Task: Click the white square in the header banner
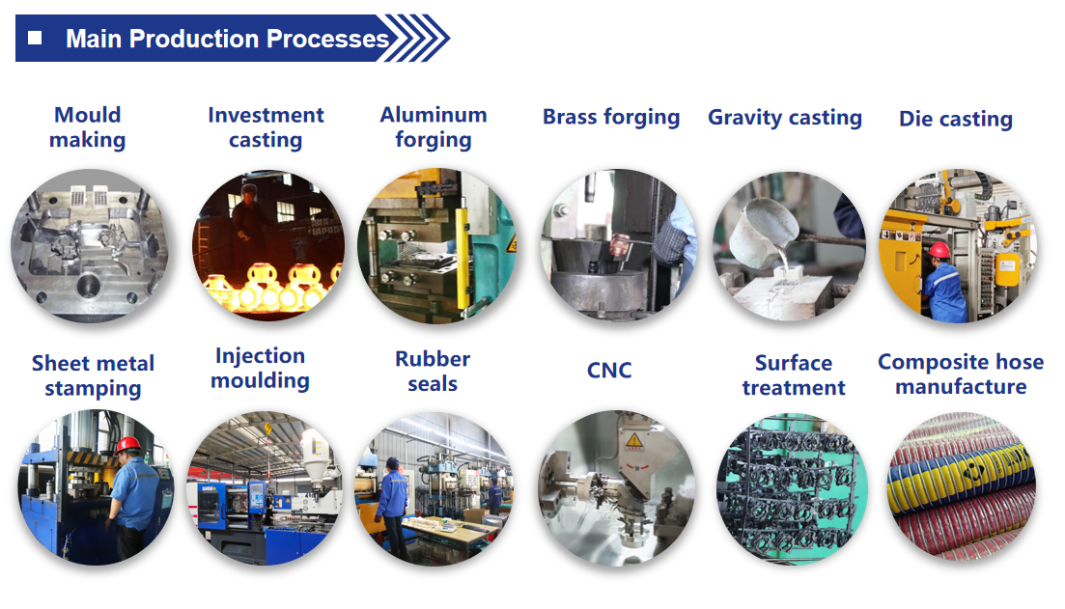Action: [x=35, y=38]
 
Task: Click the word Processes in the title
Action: [x=327, y=39]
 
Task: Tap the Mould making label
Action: [x=88, y=127]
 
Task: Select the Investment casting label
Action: [x=266, y=127]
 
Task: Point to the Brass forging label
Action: [x=610, y=117]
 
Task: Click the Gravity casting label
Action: [x=784, y=118]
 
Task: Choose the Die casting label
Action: [x=956, y=119]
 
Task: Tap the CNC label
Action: [x=609, y=370]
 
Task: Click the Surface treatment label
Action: [x=794, y=374]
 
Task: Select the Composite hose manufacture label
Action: [x=961, y=374]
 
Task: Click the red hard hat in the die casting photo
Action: [x=939, y=250]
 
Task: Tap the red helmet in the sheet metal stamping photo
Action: [x=127, y=445]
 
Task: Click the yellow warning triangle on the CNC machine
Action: [x=633, y=441]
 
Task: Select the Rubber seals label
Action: [x=433, y=372]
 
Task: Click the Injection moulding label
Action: [x=260, y=368]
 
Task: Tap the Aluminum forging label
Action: [x=434, y=127]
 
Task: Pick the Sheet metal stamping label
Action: [x=93, y=375]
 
